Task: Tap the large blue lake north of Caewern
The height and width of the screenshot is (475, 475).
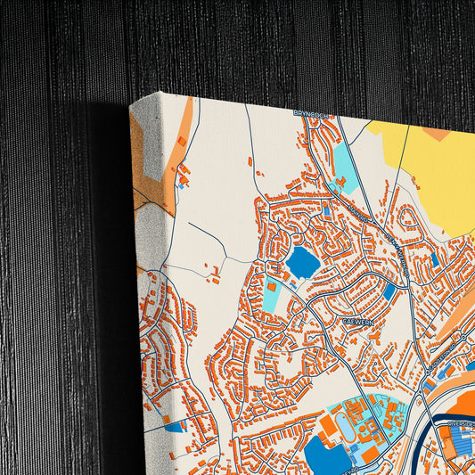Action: click(301, 261)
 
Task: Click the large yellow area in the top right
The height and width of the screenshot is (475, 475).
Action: click(428, 174)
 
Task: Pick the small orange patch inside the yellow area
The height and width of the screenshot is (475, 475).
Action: click(436, 134)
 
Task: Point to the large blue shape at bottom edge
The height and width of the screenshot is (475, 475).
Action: click(326, 455)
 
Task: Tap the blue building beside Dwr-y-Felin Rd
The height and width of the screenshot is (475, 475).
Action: click(389, 291)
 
